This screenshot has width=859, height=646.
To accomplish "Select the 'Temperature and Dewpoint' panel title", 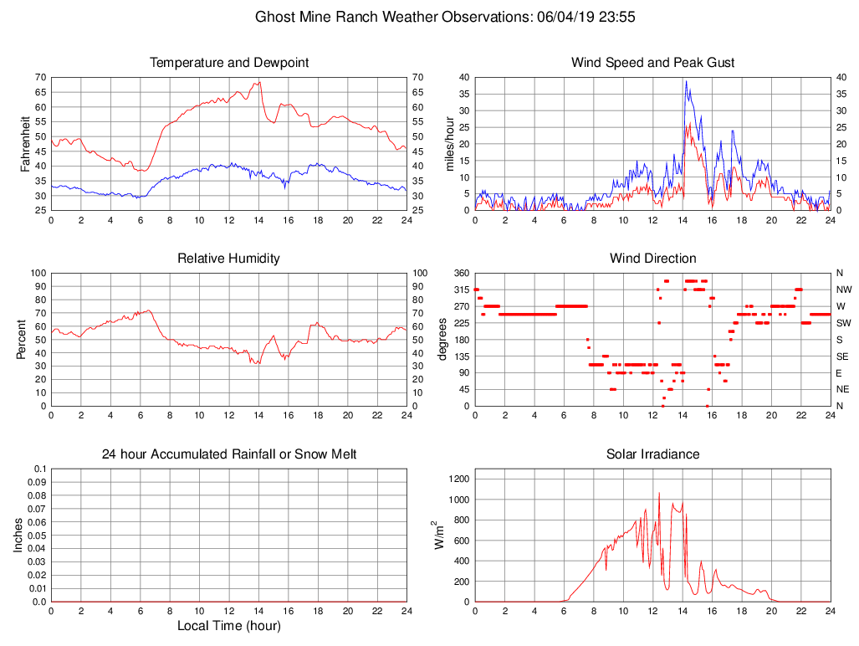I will [x=229, y=63].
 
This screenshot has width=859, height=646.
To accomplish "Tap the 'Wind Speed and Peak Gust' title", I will [x=652, y=63].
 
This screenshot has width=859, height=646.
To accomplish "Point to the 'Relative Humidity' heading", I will [x=229, y=259].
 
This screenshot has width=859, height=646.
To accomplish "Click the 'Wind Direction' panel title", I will [x=652, y=259].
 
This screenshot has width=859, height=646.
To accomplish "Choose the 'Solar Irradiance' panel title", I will [x=652, y=454].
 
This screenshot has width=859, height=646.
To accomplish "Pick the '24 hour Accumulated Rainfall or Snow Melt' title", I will [x=229, y=454].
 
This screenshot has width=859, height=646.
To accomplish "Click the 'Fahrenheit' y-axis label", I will [x=25, y=143].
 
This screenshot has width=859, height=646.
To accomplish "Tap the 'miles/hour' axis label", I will [x=449, y=143].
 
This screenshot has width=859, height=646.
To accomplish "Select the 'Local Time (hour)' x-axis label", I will [x=229, y=625].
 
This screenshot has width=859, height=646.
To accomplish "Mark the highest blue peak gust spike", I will [x=686, y=81].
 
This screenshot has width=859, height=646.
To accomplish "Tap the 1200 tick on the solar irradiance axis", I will [x=458, y=479].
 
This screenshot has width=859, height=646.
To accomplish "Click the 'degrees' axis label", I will [x=442, y=339].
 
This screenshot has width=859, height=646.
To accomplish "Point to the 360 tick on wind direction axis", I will [x=460, y=274].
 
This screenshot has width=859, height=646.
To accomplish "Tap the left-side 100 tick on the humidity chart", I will [x=37, y=274].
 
